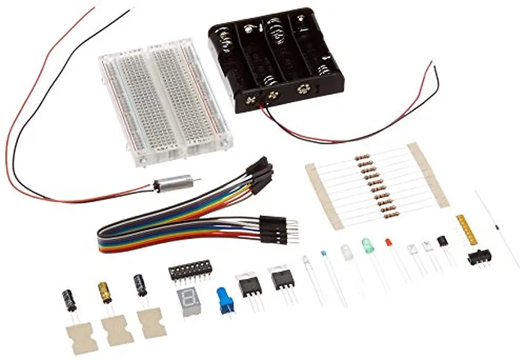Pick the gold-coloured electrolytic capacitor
tap(104, 292)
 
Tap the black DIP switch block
tap(189, 271)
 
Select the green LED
tap(367, 246)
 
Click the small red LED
tap(388, 243)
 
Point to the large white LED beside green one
tap(346, 252)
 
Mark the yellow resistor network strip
tap(466, 229)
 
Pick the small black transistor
tap(442, 241)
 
